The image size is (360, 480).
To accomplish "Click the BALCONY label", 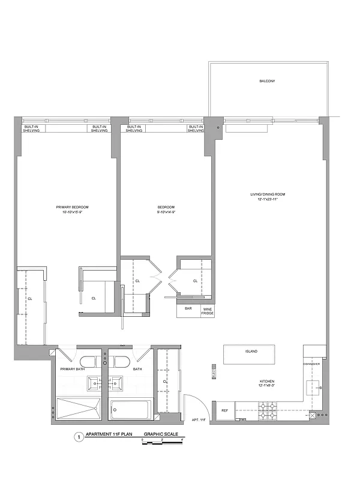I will pos(267,80).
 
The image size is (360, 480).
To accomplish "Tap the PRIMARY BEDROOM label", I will pos(76,207).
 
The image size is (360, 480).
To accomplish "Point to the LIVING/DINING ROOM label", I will pos(268,195).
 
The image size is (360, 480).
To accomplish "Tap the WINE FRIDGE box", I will pos(207,311).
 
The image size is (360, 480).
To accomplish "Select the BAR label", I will pos(188,309).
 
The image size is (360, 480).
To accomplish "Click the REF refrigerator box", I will pos(224,411).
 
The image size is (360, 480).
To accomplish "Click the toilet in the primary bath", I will pos(88,361).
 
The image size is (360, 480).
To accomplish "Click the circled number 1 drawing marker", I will pos(77,437).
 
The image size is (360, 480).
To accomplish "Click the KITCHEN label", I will pos(267,382).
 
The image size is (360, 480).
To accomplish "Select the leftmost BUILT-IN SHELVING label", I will pos(31,128).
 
